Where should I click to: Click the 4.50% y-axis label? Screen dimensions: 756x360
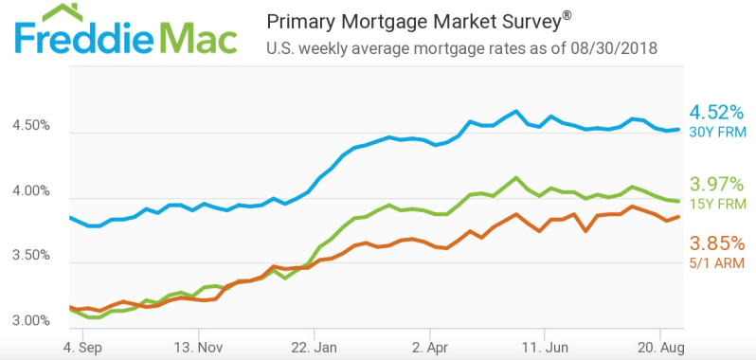click(30, 126)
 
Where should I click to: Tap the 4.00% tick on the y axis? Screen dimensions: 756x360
click(30, 191)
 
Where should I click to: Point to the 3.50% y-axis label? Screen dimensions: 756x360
click(30, 255)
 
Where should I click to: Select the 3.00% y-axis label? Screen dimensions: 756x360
click(30, 320)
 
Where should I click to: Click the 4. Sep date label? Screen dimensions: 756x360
click(83, 347)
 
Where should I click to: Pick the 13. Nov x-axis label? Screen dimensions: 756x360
click(199, 347)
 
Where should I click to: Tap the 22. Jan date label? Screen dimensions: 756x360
click(314, 347)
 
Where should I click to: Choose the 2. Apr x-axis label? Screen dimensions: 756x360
click(429, 347)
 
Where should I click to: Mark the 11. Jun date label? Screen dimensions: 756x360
click(545, 347)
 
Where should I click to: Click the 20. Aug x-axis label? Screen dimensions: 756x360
click(659, 347)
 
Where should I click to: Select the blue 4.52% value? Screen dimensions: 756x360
click(717, 114)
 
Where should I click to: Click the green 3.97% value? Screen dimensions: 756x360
click(717, 185)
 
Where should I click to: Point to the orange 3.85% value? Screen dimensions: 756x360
click(717, 243)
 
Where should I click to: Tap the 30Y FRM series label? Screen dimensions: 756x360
click(717, 133)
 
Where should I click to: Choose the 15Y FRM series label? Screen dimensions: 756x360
click(717, 204)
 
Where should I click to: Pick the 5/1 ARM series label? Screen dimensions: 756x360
click(717, 263)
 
